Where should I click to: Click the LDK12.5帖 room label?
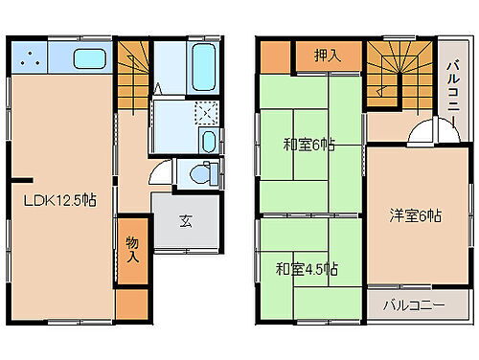(x=58, y=200)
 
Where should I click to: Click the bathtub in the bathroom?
(x=204, y=63)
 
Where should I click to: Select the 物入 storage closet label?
(x=132, y=251)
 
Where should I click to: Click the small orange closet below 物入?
(x=132, y=304)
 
